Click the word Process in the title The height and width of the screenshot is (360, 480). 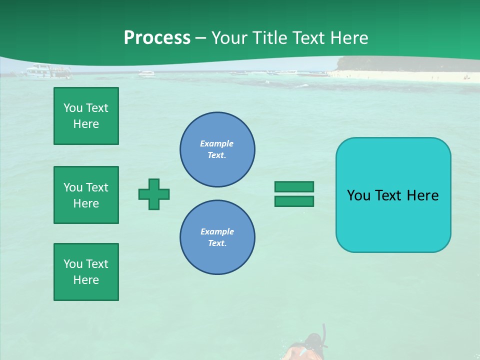[x=157, y=38]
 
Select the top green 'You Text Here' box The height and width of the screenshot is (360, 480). [x=86, y=116]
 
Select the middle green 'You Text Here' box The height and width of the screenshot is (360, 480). [x=86, y=195]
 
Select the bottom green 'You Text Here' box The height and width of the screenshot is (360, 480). [x=86, y=272]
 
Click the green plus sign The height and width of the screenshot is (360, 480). [x=154, y=194]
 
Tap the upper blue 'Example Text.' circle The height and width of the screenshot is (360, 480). [x=217, y=149]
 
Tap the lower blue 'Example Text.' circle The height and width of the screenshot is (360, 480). [x=217, y=237]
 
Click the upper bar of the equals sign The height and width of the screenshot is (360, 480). [x=294, y=186]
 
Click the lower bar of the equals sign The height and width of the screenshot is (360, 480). [x=294, y=201]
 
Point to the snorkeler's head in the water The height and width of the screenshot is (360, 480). [x=314, y=342]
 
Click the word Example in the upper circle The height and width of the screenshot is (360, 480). [x=217, y=143]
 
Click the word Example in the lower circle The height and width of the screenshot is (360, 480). [x=217, y=231]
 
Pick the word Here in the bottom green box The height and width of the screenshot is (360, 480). [x=86, y=280]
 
